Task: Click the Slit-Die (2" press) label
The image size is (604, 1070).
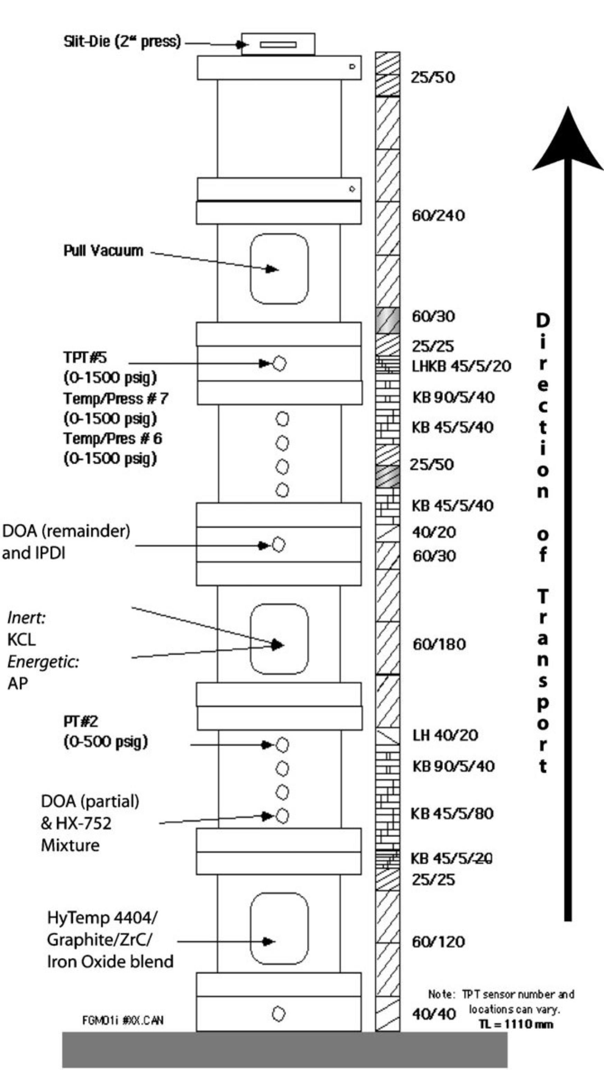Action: pos(122,41)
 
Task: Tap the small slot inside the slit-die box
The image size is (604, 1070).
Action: pos(278,45)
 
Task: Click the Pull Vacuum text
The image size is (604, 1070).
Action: pos(103,251)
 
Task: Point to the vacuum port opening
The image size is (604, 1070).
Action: pos(279,269)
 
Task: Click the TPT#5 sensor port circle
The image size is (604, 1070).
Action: pos(280,364)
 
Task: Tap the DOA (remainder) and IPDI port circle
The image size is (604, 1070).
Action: pos(278,545)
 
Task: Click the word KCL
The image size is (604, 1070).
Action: pos(21,639)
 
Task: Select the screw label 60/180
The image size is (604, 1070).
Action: pos(439,644)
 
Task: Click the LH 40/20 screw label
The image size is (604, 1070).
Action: pos(445,735)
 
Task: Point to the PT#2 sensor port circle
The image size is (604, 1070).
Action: pos(282,745)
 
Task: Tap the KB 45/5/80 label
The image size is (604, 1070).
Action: pos(452,813)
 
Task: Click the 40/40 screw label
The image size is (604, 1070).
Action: pos(433,1014)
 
